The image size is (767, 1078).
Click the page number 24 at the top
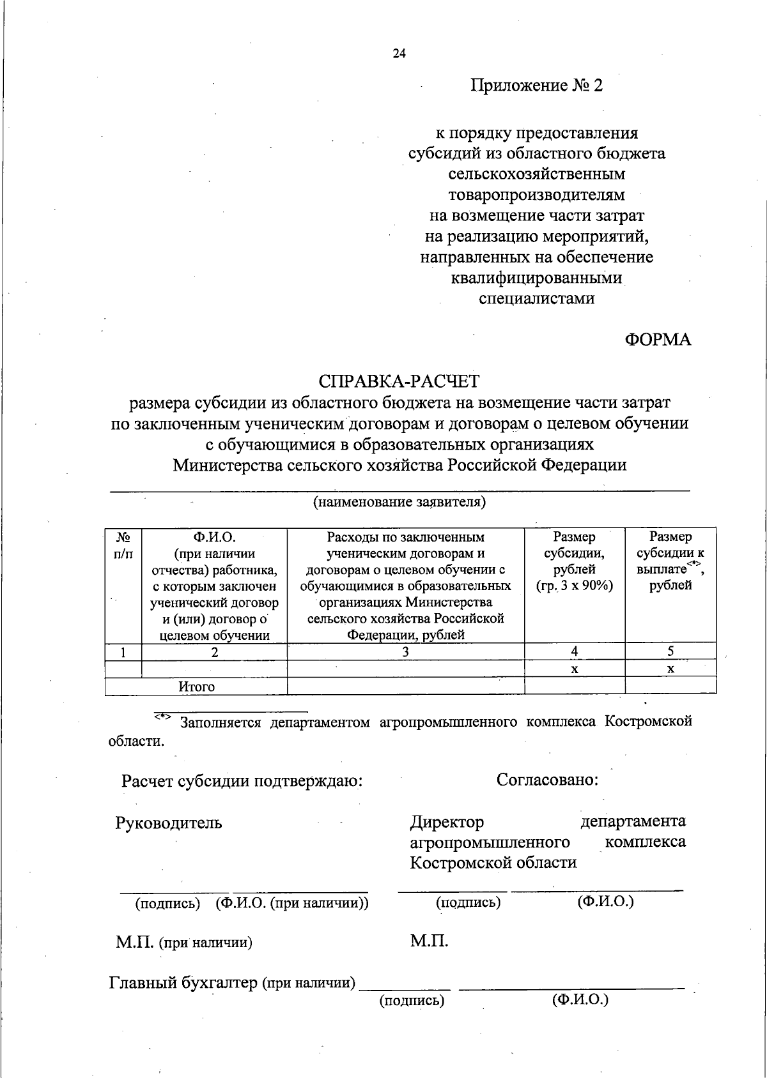pyautogui.click(x=399, y=54)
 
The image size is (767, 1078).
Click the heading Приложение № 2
pyautogui.click(x=536, y=86)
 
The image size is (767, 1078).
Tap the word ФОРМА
pyautogui.click(x=658, y=340)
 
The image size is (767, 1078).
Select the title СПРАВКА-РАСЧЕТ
pyautogui.click(x=399, y=381)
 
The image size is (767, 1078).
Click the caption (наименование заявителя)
pyautogui.click(x=399, y=502)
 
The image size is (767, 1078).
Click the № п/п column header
pyautogui.click(x=123, y=545)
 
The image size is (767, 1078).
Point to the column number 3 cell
pyautogui.click(x=405, y=652)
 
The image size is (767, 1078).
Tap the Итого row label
pyautogui.click(x=196, y=687)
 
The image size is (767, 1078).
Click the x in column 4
pyautogui.click(x=575, y=669)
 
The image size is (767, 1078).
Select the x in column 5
pyautogui.click(x=670, y=669)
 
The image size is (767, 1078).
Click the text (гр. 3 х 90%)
pyautogui.click(x=575, y=586)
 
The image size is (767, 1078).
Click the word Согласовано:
pyautogui.click(x=547, y=780)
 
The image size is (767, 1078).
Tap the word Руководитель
pyautogui.click(x=169, y=823)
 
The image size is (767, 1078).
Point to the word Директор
pyautogui.click(x=447, y=822)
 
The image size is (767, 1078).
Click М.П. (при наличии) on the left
pyautogui.click(x=183, y=942)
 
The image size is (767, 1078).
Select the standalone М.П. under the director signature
pyautogui.click(x=429, y=941)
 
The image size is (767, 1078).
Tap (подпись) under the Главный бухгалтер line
pyautogui.click(x=412, y=1001)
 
